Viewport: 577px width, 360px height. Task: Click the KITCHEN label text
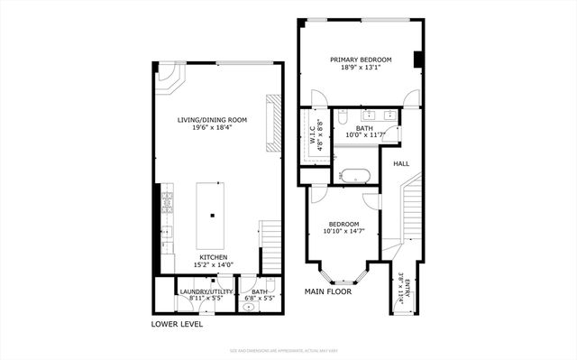(213, 257)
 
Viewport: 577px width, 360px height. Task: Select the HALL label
(400, 163)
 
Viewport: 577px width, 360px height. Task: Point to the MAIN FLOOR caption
(326, 291)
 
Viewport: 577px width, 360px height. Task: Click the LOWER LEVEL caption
(177, 324)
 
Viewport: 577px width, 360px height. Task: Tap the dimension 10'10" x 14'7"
(343, 232)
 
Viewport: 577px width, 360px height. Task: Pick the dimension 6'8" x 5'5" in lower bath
(259, 298)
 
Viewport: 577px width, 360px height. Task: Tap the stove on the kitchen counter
(167, 204)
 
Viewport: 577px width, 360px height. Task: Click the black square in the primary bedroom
(418, 60)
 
